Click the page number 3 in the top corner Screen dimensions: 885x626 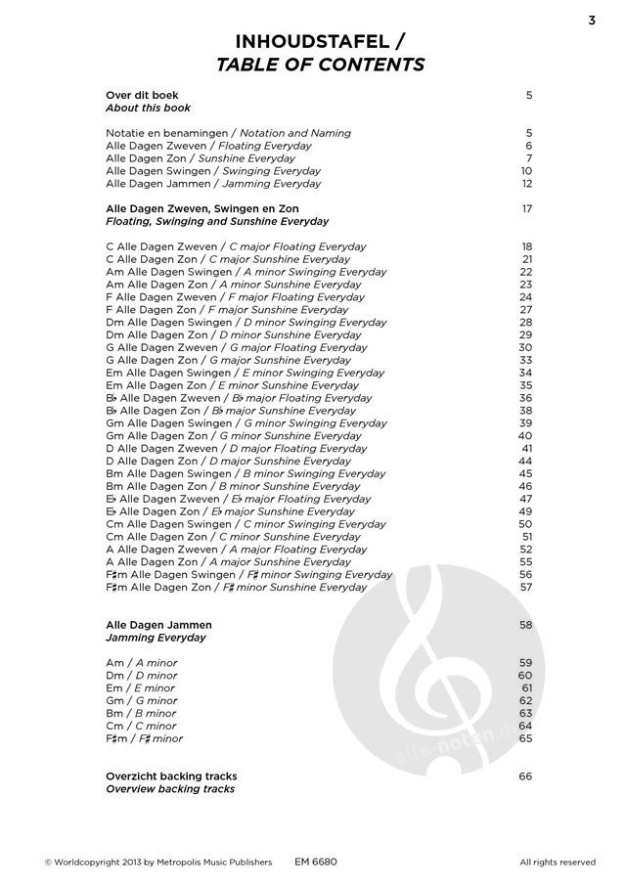pos(593,20)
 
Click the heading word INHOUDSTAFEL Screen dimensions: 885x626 pos(305,41)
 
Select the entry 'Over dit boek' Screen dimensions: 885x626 pos(141,95)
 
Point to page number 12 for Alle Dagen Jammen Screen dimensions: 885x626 pos(526,183)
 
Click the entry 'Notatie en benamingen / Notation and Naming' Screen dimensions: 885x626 pos(228,132)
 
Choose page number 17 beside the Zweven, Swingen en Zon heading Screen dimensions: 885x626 pos(526,208)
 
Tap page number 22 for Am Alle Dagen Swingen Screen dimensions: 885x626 pos(526,272)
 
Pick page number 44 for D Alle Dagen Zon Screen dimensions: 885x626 pos(526,461)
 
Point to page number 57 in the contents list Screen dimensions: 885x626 pos(526,588)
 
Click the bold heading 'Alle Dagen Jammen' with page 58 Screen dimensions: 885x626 pos(157,624)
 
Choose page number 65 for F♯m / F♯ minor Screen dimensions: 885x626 pos(526,738)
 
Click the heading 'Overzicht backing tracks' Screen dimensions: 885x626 pos(171,775)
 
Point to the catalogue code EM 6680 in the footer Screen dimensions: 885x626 pos(315,862)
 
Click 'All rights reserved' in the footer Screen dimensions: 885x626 pos(558,862)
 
